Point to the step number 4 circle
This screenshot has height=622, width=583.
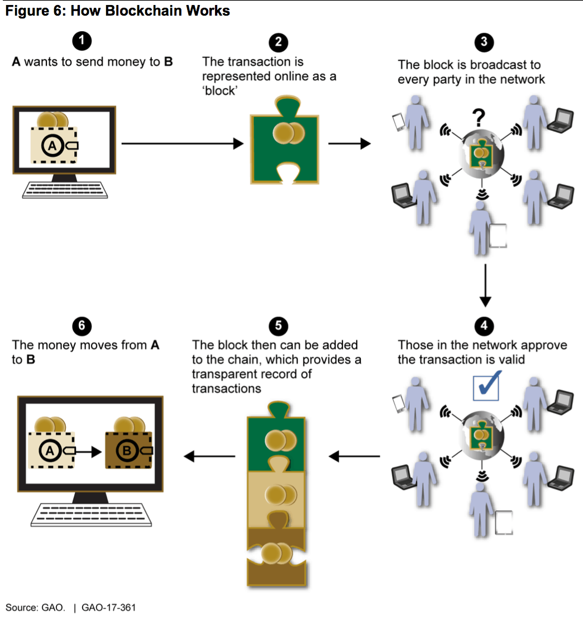tap(484, 325)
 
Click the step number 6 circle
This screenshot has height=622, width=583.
tap(82, 325)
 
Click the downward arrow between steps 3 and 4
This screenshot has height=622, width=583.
tap(485, 285)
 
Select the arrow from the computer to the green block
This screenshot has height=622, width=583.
tap(182, 143)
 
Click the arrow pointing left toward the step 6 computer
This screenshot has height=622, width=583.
tap(209, 456)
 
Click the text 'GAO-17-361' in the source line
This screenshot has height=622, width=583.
tap(108, 607)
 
